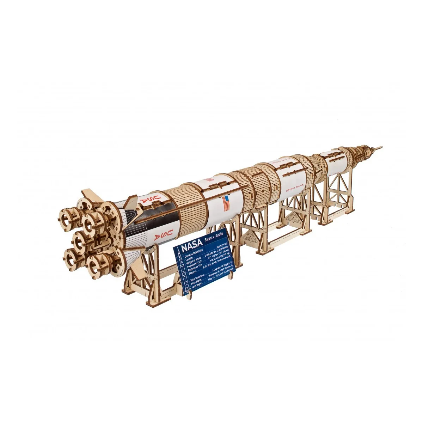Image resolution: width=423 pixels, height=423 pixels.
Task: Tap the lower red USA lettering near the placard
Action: (x=162, y=235)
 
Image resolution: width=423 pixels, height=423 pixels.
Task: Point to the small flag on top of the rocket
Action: (x=210, y=179)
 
